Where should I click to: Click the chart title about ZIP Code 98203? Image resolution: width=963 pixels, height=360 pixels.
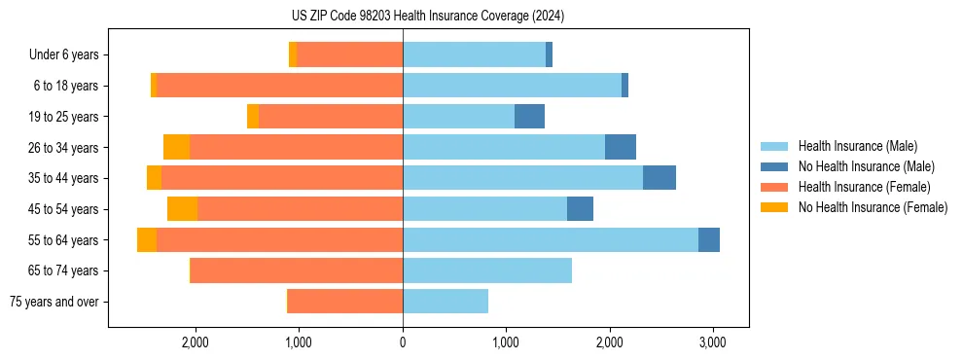(x=428, y=17)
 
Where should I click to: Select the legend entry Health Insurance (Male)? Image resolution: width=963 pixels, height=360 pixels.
(x=856, y=147)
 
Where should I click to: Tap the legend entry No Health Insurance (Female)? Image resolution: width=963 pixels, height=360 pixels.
(x=873, y=207)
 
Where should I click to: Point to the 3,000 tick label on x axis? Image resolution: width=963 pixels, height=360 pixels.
(x=712, y=342)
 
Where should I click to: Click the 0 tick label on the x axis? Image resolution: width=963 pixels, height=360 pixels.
(x=403, y=342)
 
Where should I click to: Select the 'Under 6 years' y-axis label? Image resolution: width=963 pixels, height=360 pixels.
(x=63, y=55)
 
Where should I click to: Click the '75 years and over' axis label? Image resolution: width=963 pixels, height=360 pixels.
(x=53, y=302)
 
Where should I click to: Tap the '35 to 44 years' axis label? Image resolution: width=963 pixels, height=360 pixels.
(x=65, y=178)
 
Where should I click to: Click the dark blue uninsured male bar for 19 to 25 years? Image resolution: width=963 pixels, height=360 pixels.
(x=529, y=117)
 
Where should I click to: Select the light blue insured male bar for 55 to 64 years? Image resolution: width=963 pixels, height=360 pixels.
(x=550, y=239)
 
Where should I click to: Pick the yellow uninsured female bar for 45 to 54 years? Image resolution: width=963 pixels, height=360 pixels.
(x=182, y=209)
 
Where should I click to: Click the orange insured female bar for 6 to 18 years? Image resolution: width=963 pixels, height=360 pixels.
(x=279, y=86)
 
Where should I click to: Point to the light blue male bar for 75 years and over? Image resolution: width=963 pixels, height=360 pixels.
(x=446, y=302)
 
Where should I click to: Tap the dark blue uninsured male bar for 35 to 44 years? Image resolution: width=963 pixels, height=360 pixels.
(x=659, y=178)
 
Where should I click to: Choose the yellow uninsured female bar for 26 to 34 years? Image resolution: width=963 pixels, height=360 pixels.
(x=176, y=147)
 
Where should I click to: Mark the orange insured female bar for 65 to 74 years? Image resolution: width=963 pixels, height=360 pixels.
(x=297, y=270)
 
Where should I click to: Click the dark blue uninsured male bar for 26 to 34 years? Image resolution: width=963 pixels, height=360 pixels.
(x=621, y=147)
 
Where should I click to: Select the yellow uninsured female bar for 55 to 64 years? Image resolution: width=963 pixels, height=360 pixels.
(x=147, y=239)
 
